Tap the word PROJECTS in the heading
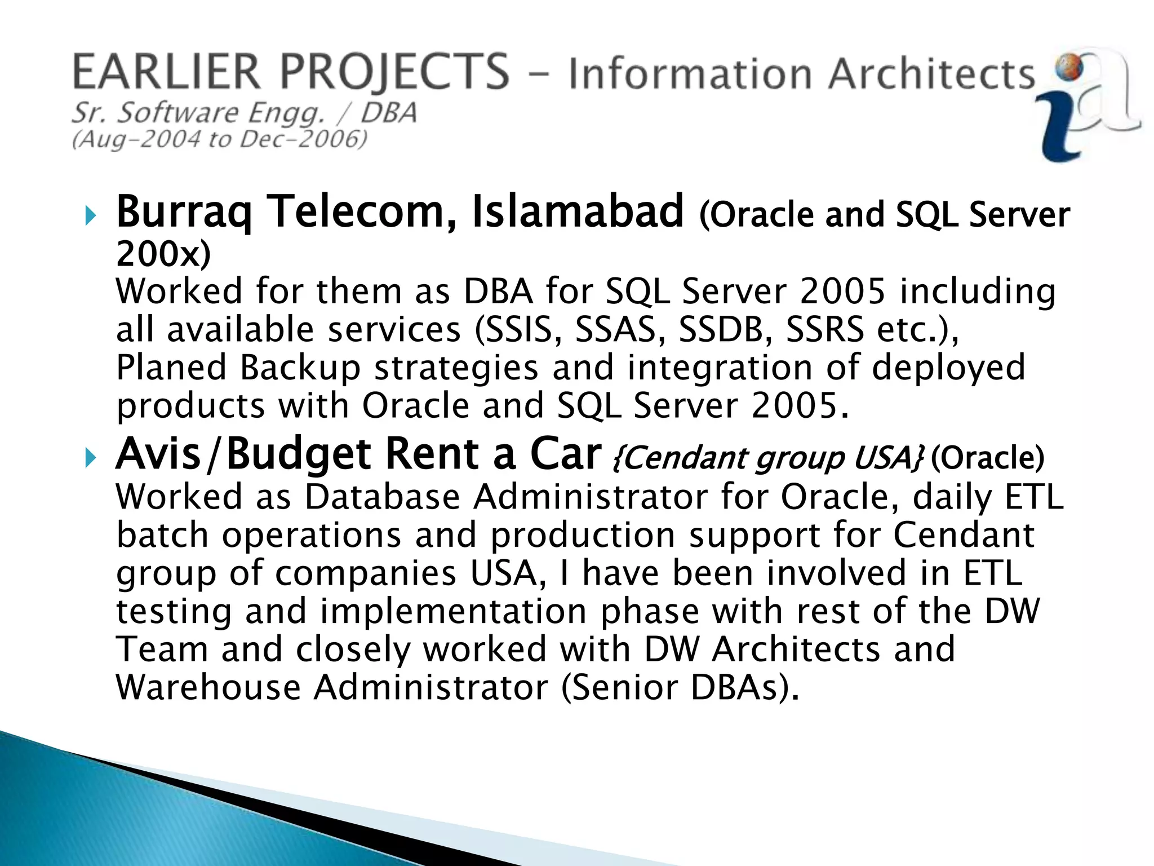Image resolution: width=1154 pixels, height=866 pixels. [394, 73]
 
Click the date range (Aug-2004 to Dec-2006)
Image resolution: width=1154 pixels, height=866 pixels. [220, 139]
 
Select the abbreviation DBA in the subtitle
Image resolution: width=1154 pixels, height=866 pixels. [389, 113]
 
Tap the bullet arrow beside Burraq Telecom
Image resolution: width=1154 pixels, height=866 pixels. [91, 215]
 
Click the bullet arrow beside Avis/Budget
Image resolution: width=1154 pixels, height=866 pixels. [91, 458]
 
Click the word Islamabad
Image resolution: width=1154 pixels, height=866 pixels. [578, 212]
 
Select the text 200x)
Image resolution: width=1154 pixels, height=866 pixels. [163, 254]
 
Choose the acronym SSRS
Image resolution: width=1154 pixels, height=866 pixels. [824, 330]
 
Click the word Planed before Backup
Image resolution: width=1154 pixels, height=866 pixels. [171, 368]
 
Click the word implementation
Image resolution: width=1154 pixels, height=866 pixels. [454, 612]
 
